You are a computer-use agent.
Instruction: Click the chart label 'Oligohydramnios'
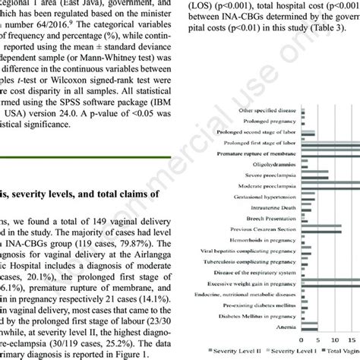[x=273, y=163]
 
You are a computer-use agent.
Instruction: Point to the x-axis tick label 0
[x=302, y=339]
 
